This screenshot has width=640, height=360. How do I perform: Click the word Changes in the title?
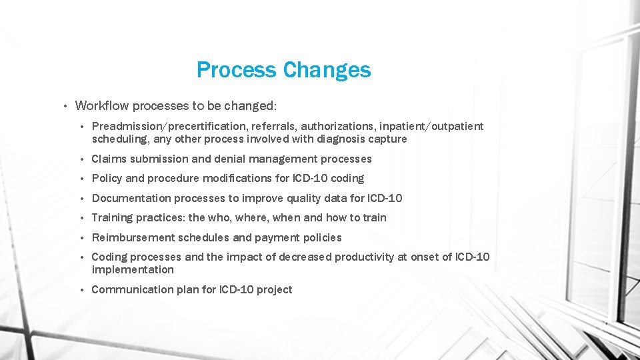click(x=327, y=69)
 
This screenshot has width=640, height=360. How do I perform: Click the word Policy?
click(x=107, y=178)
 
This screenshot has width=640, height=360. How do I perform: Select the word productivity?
click(x=364, y=257)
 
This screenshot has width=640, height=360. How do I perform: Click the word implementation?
click(x=133, y=270)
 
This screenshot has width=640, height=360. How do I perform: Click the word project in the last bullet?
click(x=273, y=289)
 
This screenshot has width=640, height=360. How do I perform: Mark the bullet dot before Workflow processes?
click(x=65, y=106)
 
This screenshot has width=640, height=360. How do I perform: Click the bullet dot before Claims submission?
click(x=81, y=159)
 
